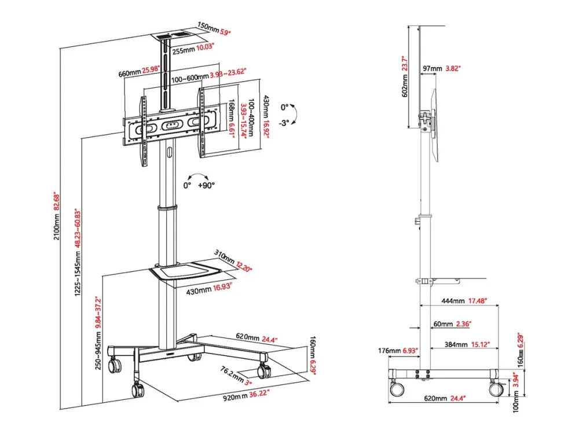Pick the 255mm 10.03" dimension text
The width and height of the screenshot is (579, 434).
pos(193,49)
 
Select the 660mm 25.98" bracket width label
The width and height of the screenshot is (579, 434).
pos(139,71)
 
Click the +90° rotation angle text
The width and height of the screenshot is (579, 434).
pos(206,185)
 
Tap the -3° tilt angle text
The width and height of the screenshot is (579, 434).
pos(284,123)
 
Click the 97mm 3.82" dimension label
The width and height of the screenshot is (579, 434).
pos(442,69)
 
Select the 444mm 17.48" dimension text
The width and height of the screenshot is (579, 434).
pos(464,301)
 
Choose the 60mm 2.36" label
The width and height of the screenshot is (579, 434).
pos(452,324)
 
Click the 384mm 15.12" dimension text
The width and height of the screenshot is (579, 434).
pos(467,344)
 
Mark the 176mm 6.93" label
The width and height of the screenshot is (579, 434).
pos(398,350)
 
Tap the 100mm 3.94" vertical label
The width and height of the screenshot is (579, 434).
pos(516,393)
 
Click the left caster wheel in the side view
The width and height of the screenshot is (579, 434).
pos(397,389)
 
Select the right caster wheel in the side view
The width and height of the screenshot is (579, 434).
pos(496,389)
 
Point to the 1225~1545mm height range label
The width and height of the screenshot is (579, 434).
pos(78,252)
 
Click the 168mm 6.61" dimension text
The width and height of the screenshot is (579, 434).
pos(232,117)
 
